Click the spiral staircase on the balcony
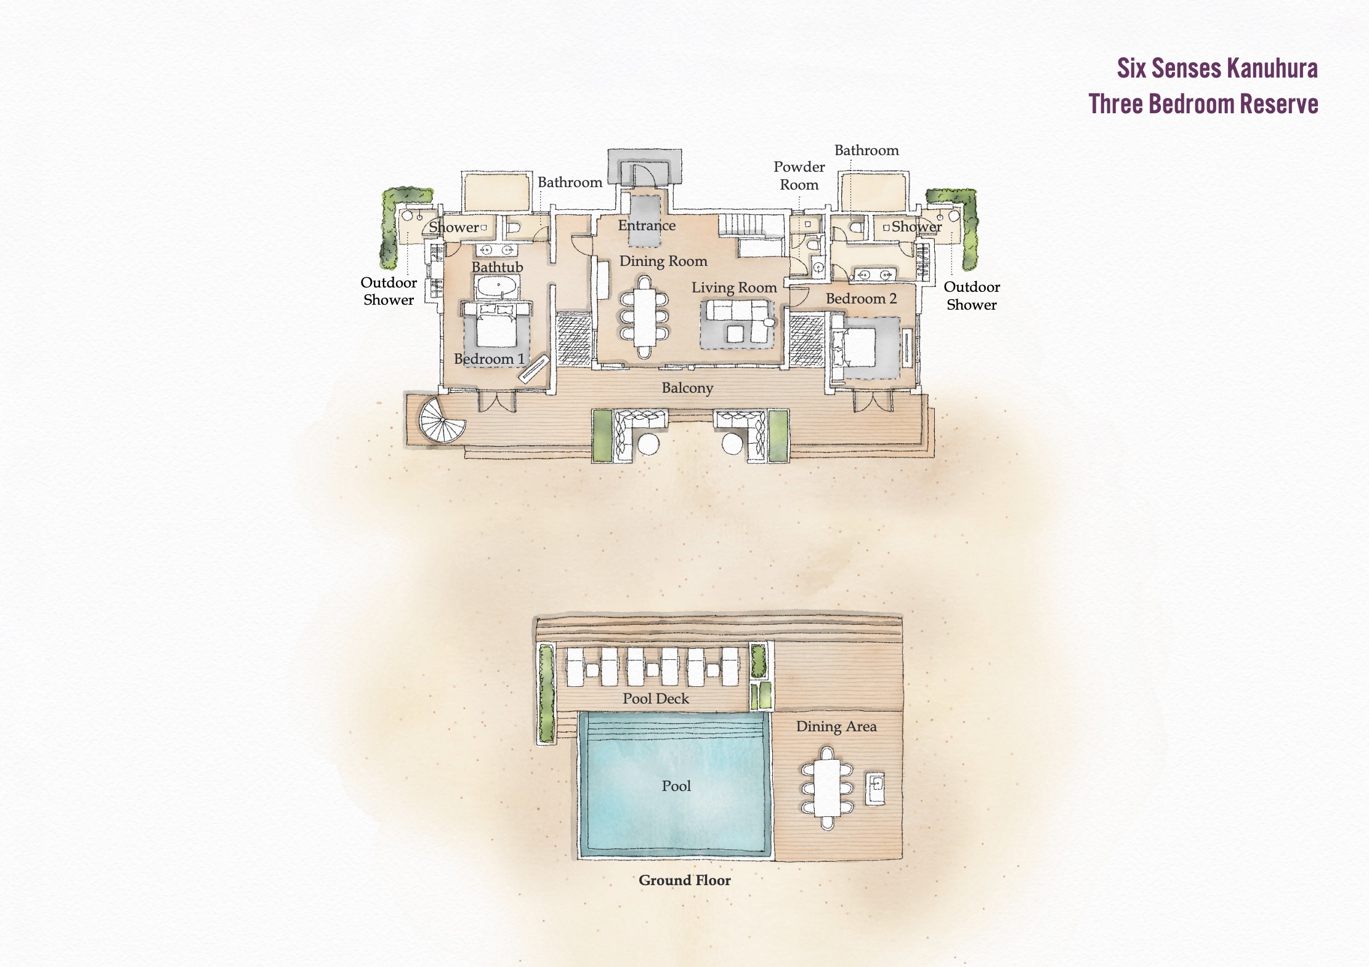tap(442, 420)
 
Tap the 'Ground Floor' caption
tap(684, 880)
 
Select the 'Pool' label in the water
tap(676, 786)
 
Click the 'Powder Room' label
tap(799, 175)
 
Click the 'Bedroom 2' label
tap(861, 299)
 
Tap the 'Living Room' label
tap(734, 287)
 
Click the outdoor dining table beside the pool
tap(827, 788)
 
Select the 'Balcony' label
tap(687, 388)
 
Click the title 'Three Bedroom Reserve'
tap(1203, 103)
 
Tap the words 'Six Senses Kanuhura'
tap(1218, 68)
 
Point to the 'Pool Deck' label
tap(656, 699)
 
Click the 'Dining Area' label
tap(836, 726)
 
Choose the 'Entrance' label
tap(647, 225)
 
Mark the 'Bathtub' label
tap(497, 267)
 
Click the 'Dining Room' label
tap(663, 261)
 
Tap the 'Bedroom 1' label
tap(489, 359)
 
